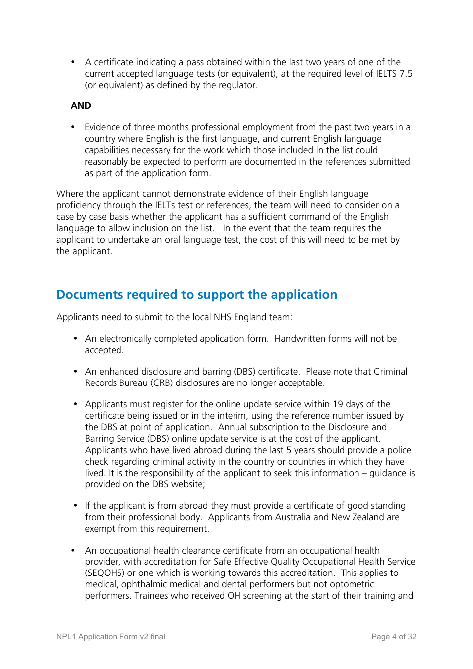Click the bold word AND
(x=81, y=106)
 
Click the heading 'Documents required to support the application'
(x=197, y=295)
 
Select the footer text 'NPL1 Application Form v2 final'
(x=111, y=637)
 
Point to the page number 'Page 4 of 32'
(x=394, y=637)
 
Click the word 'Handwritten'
(x=300, y=339)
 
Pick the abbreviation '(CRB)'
(x=161, y=383)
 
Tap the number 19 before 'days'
(x=338, y=404)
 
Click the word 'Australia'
(x=291, y=517)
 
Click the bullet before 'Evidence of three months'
(x=73, y=127)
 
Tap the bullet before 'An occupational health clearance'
(x=73, y=551)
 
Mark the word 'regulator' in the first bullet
(x=236, y=85)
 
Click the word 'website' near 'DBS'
(x=187, y=484)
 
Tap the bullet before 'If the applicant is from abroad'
(x=75, y=506)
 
